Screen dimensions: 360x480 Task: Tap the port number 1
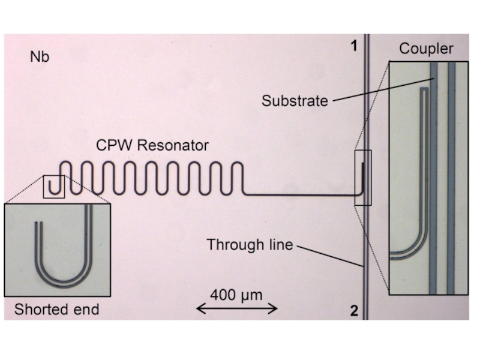pos(354,46)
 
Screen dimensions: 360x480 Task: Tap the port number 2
pos(354,311)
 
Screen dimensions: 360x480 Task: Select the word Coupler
pos(426,49)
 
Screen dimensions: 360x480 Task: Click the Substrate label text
pos(295,101)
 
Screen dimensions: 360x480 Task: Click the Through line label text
pos(250,245)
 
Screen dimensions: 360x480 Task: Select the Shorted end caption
pos(56,310)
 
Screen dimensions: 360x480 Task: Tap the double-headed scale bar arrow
pos(237,309)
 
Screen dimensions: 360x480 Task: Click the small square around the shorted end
pos(54,187)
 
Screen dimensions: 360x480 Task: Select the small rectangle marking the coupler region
pos(363,178)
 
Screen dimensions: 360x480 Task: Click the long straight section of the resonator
pos(300,195)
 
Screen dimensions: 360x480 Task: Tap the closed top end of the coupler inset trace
pos(425,90)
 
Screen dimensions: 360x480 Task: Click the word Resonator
pos(180,145)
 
